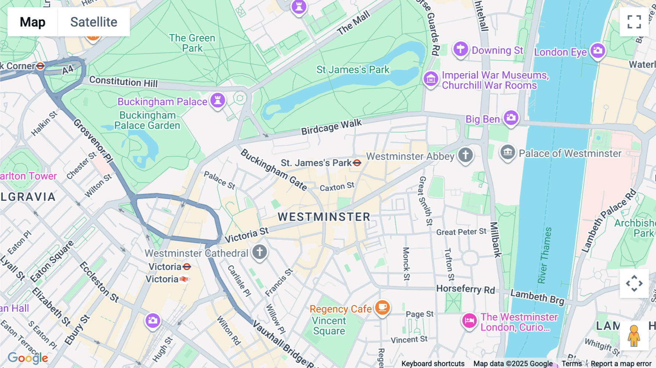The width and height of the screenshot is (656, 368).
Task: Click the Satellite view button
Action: coord(94,22)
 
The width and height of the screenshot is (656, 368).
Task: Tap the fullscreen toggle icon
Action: coord(634,22)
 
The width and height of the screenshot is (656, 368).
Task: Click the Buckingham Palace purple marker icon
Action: coord(218,100)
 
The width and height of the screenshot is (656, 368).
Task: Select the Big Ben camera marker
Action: coord(511,118)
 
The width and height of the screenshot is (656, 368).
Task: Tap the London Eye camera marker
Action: coord(598,51)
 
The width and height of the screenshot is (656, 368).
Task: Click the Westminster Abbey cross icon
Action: coord(465,155)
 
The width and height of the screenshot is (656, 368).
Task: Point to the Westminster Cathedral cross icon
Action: coord(259,252)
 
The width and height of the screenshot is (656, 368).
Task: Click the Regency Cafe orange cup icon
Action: coord(382,307)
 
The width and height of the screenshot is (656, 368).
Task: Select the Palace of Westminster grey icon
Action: coord(508,152)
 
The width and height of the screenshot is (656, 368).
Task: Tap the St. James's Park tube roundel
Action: coord(357,163)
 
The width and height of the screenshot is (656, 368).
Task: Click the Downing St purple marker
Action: coord(460,49)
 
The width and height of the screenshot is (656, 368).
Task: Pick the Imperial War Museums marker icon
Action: coord(431,79)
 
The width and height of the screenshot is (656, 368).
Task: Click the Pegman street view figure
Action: coord(634,336)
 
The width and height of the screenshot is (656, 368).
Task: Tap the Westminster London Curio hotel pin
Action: coord(469,321)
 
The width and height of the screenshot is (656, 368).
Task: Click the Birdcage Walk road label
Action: coord(331,127)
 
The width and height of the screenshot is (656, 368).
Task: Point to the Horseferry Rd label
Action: coord(465,289)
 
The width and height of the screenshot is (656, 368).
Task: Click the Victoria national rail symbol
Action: coord(184,279)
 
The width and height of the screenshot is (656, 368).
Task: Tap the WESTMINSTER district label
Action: coord(324,217)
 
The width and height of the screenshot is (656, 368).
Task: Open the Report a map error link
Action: coord(621,364)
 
